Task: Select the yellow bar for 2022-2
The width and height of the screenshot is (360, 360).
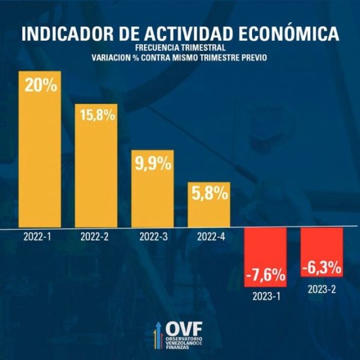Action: point(96,174)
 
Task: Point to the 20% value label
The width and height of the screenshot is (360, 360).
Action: point(41,86)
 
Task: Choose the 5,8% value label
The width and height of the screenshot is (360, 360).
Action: point(209,194)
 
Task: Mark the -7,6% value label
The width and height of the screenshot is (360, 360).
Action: point(265,275)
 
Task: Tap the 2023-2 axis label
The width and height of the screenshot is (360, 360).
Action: point(321,289)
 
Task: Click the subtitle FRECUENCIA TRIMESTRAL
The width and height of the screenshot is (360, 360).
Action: point(180,48)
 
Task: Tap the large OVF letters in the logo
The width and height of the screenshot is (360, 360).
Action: point(184,329)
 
